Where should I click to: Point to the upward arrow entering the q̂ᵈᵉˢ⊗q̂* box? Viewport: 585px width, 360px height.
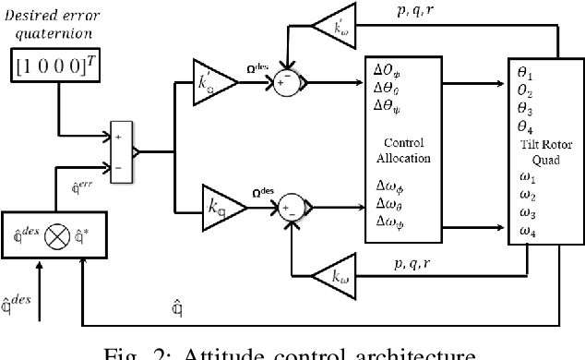point(39,296)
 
